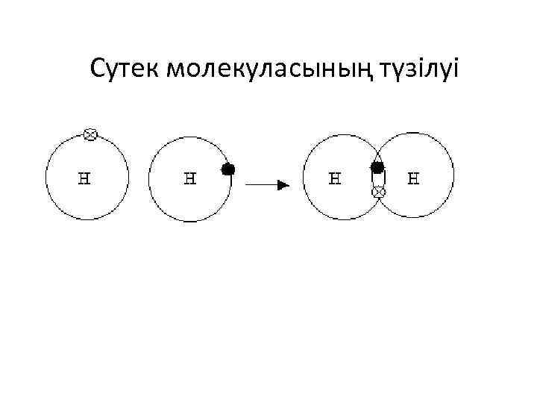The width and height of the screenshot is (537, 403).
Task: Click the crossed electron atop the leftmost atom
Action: pyautogui.click(x=89, y=134)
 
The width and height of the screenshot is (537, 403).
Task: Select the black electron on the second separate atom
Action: pyautogui.click(x=228, y=169)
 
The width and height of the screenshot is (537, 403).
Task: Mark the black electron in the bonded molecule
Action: pyautogui.click(x=377, y=167)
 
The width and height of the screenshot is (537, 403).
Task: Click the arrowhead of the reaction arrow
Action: pyautogui.click(x=283, y=184)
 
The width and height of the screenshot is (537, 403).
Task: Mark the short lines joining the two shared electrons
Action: pyautogui.click(x=378, y=180)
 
